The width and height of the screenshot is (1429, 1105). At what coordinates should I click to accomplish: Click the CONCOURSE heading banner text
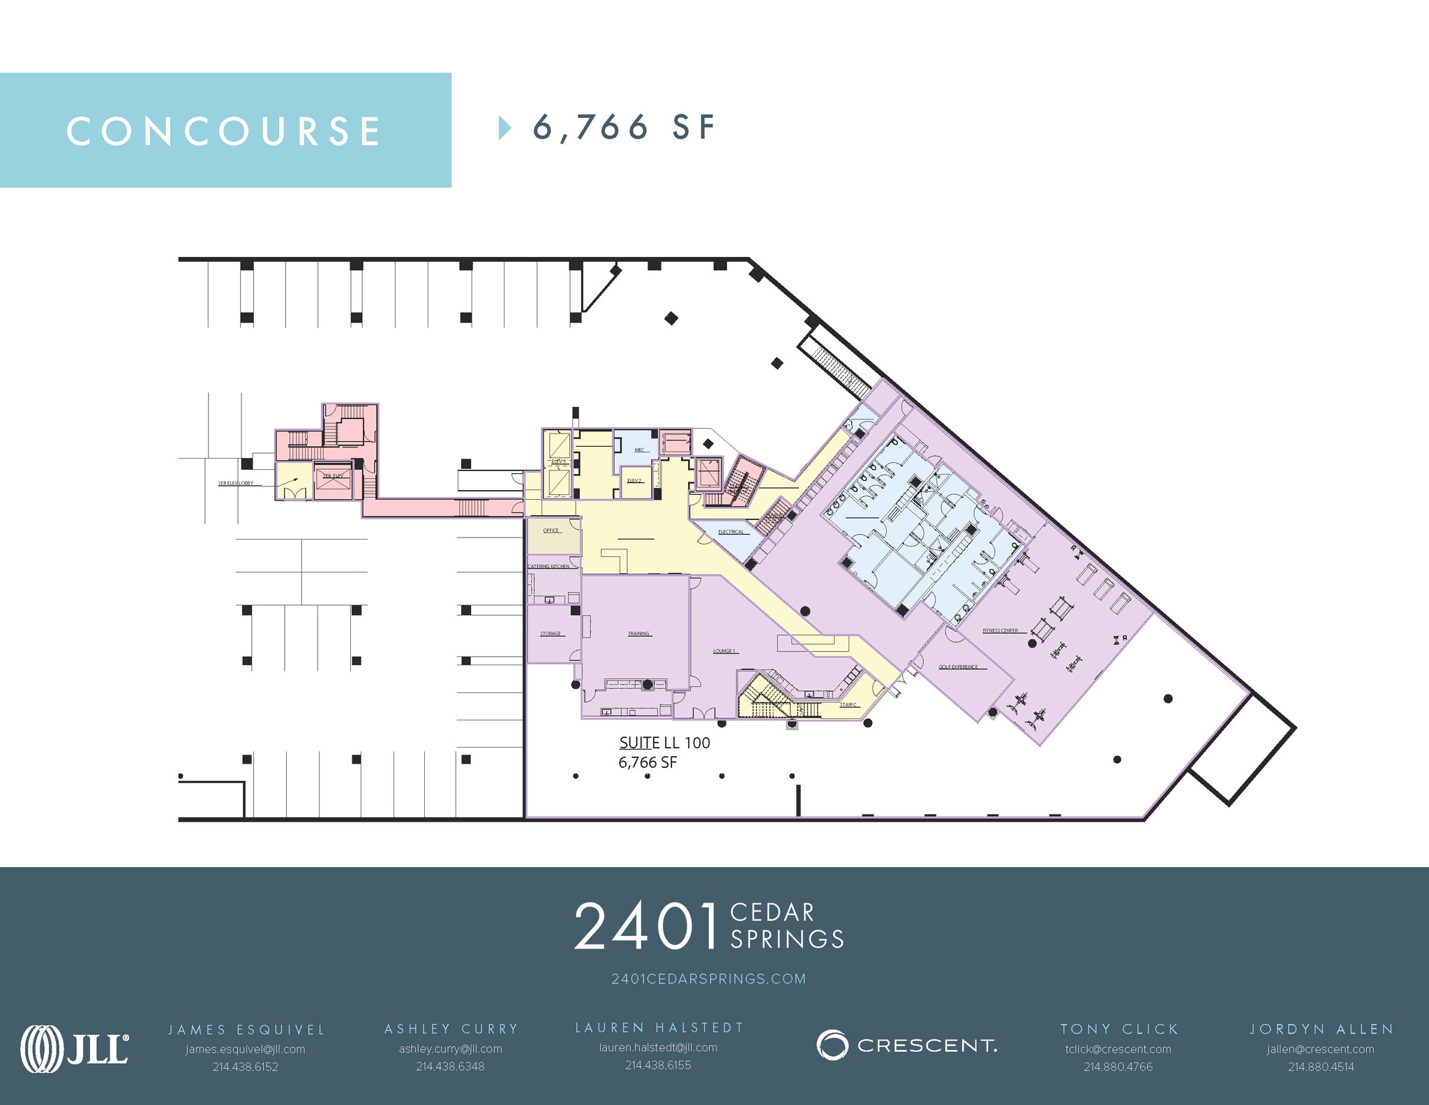point(224,131)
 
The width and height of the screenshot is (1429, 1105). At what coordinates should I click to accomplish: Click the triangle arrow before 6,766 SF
point(504,128)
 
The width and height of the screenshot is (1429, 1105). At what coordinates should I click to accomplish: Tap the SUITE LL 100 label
point(664,743)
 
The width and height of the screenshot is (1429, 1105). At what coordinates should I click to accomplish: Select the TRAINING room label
point(638,634)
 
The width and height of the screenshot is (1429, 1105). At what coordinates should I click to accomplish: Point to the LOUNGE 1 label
point(724,651)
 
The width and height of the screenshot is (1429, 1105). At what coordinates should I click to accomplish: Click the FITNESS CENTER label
point(1000,630)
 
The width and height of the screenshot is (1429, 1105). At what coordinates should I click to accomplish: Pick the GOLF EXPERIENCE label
point(957,667)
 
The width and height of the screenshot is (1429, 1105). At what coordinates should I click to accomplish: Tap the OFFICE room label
point(551,531)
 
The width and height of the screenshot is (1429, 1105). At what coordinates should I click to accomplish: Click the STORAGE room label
point(551,634)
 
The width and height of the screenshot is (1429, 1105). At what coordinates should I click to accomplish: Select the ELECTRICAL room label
point(731,532)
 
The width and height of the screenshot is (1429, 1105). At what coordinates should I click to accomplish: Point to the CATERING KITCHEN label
point(548,566)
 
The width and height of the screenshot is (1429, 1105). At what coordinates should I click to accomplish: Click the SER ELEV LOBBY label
point(236,483)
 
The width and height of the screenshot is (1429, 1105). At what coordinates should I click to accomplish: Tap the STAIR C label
point(848,704)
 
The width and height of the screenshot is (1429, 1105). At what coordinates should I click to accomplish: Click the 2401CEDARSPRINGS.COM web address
point(708,979)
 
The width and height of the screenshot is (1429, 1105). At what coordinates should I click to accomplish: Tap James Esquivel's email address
point(246,1049)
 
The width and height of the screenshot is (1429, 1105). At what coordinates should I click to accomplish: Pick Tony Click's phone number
point(1118,1067)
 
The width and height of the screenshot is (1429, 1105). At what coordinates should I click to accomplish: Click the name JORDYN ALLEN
point(1321,1029)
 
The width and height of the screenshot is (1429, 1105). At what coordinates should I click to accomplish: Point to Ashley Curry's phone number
point(450,1067)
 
